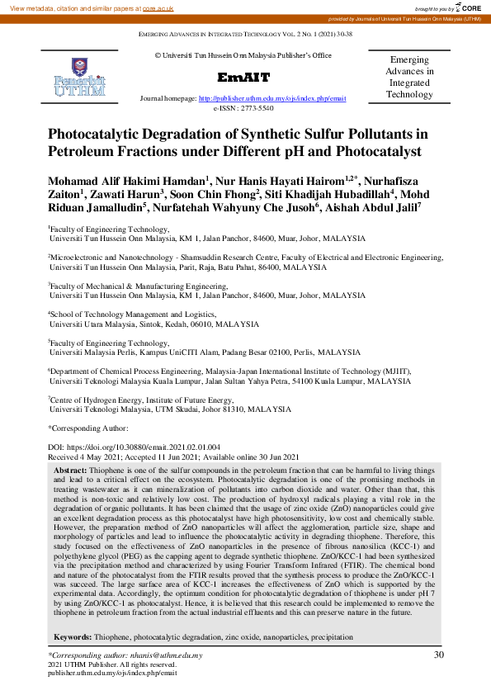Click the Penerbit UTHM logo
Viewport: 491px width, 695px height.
point(79,78)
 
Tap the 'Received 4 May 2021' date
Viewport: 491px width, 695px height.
point(91,456)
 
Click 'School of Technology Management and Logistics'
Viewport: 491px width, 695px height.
point(133,314)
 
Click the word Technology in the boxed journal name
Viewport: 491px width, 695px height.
point(409,94)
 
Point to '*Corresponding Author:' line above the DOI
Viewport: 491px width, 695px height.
point(88,428)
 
